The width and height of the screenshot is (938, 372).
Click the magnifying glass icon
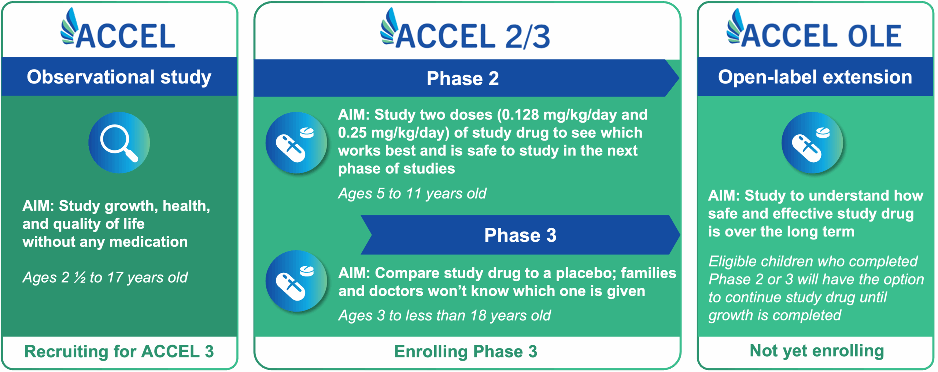tap(119, 143)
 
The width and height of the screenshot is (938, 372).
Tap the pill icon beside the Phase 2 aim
tap(296, 143)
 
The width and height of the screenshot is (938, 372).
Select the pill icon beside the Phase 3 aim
tap(296, 281)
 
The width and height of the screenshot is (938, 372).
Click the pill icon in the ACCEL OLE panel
tap(812, 143)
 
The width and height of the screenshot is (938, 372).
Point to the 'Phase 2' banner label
tap(462, 78)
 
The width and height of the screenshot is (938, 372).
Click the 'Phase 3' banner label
tap(520, 235)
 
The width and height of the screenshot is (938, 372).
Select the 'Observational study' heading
tap(119, 77)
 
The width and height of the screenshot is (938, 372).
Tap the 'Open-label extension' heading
tap(815, 77)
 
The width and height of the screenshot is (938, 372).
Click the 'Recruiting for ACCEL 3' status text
tap(119, 351)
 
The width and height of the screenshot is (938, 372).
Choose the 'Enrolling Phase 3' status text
tap(466, 351)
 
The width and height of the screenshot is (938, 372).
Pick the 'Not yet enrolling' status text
tap(817, 351)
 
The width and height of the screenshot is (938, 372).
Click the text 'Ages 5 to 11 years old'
tap(412, 193)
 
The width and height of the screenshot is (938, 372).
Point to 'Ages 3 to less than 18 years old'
tap(444, 315)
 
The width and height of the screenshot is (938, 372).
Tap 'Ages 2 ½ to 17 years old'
tap(105, 278)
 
